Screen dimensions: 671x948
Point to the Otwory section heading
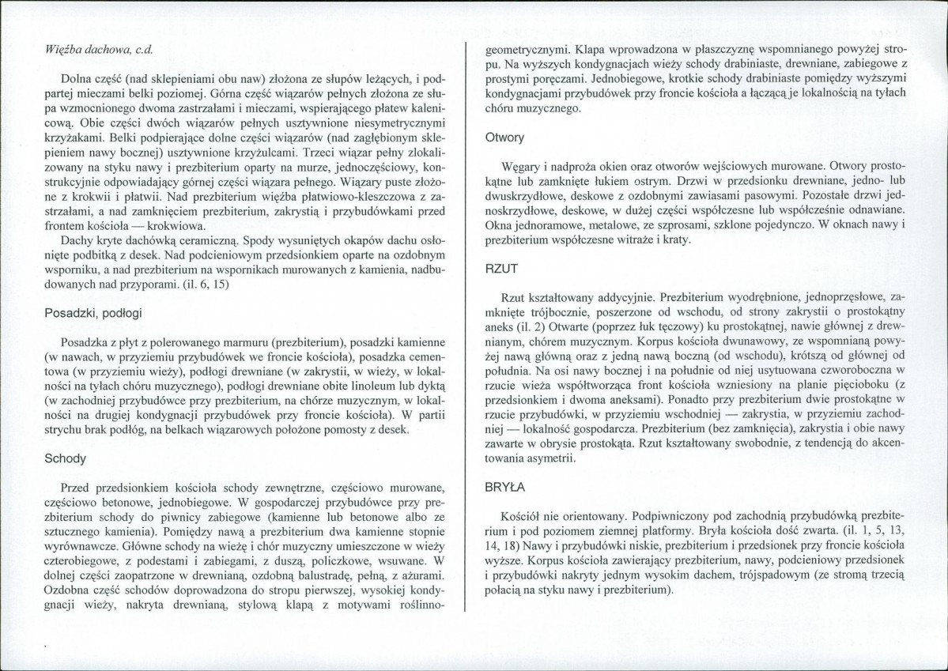pos(504,137)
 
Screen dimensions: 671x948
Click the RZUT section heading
pos(500,269)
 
